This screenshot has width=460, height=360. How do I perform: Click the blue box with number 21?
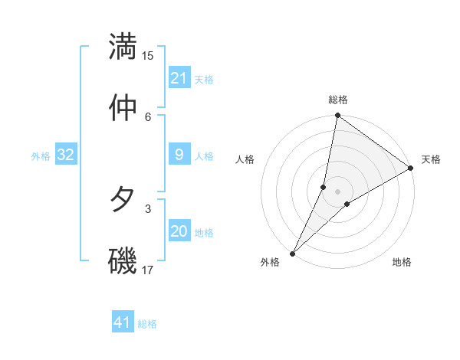pos(179,78)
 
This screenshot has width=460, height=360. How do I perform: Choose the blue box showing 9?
pos(179,155)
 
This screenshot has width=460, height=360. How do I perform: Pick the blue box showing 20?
pos(179,231)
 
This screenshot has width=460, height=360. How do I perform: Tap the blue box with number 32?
pos(66,155)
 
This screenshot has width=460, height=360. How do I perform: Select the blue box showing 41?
pos(123,322)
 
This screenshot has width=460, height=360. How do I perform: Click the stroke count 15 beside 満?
pos(148,56)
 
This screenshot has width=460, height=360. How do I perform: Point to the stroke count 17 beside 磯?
pos(148,269)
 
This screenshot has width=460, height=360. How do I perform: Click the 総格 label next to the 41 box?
pos(147,324)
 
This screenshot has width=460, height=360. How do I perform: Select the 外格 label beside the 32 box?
pos(41,155)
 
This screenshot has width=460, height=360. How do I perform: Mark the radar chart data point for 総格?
pos(337,116)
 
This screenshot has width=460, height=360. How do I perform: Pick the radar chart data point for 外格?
pos(293,253)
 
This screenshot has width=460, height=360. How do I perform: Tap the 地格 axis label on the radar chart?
pos(402,262)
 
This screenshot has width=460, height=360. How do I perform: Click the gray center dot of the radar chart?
pos(338,191)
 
